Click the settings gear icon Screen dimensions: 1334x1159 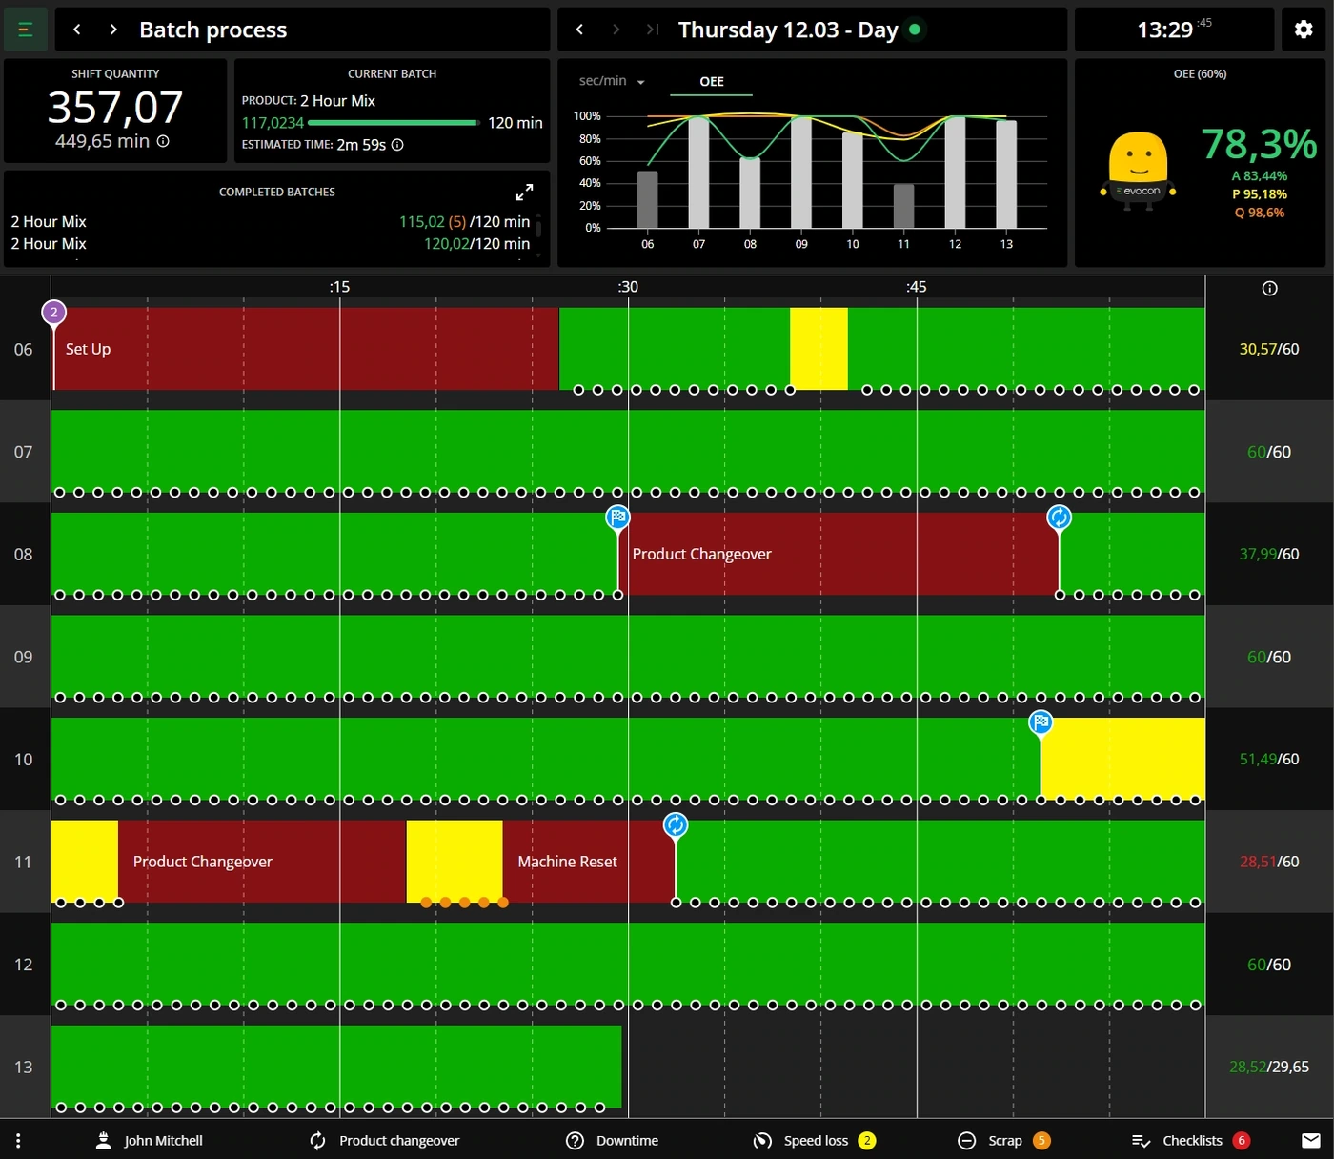click(x=1303, y=30)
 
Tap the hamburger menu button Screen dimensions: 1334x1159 click(x=26, y=30)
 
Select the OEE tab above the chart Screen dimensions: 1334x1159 click(x=712, y=82)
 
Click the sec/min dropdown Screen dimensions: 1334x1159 click(x=612, y=81)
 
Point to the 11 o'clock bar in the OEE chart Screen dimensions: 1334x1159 click(x=903, y=206)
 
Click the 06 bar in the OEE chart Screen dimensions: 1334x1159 click(x=647, y=199)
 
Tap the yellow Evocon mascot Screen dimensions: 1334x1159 click(x=1138, y=171)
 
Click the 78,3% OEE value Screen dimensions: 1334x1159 click(x=1259, y=144)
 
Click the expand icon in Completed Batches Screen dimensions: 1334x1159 click(x=524, y=192)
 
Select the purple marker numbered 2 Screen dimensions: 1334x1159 click(x=54, y=313)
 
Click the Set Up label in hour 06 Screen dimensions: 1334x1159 click(x=88, y=349)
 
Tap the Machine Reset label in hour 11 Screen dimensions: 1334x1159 click(x=567, y=862)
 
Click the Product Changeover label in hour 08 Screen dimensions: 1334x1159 click(x=701, y=554)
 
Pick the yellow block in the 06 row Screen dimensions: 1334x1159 click(x=819, y=348)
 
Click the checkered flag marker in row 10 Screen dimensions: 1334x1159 click(x=1041, y=722)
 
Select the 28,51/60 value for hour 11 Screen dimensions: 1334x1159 click(x=1269, y=862)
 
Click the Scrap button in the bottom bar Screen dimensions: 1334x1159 click(x=1004, y=1140)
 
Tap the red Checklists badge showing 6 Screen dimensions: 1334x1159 click(x=1242, y=1140)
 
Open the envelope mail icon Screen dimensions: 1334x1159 click(x=1310, y=1140)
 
